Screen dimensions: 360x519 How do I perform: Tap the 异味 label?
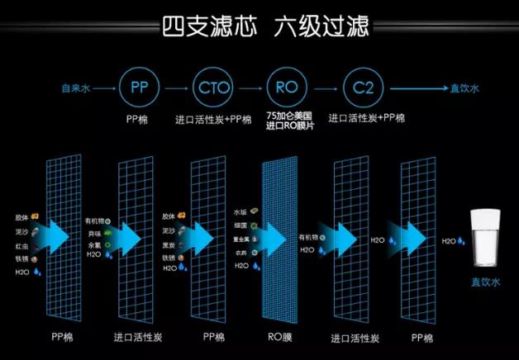(93, 234)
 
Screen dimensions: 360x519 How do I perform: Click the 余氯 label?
(93, 245)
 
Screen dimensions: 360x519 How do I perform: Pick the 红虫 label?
(21, 246)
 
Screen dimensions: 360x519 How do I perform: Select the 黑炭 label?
(169, 245)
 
